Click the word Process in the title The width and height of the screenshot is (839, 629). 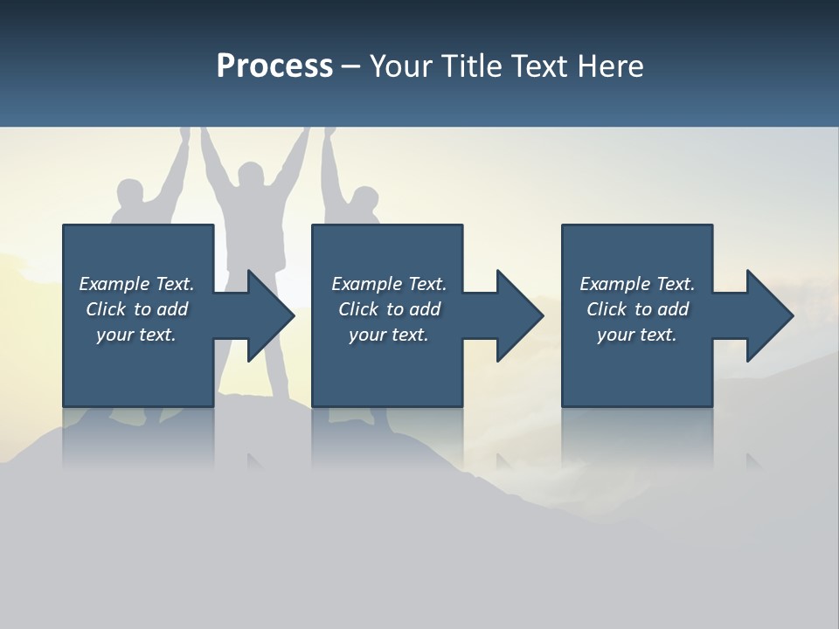coord(274,66)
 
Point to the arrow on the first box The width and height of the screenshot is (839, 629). coord(262,315)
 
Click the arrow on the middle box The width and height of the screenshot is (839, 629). coord(511,315)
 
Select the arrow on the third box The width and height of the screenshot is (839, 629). coord(760,315)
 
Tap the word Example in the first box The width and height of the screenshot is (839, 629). coord(114,284)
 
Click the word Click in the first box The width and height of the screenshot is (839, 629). coord(106,309)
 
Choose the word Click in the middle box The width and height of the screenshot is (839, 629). coord(358,309)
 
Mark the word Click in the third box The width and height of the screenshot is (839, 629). coord(607,309)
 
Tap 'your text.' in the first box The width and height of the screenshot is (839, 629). coord(136,335)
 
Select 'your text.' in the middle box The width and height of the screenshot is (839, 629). coord(389,335)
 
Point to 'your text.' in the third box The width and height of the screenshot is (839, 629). coord(637,335)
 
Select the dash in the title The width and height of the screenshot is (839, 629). coord(350,66)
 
